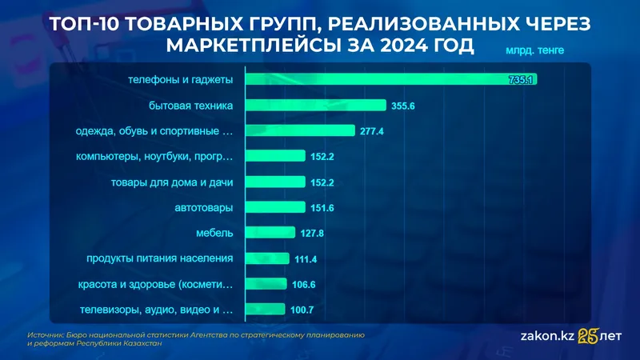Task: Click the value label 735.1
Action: click(522, 80)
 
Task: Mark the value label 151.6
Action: click(323, 208)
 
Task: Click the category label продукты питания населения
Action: click(159, 258)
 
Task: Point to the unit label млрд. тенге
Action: click(534, 50)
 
